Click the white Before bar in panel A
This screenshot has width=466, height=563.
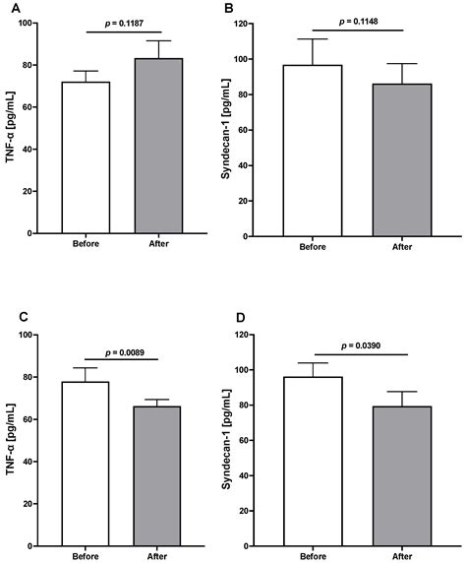click(86, 157)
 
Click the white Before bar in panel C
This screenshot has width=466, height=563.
click(86, 464)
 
